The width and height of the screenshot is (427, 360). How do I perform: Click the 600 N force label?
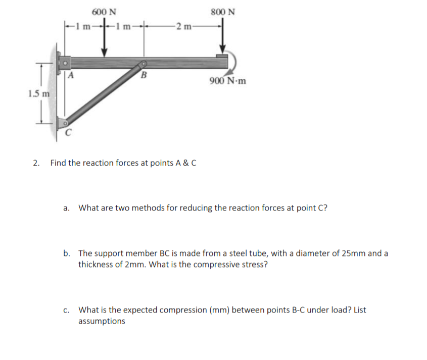tap(105, 11)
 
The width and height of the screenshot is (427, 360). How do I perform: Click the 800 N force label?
tap(223, 11)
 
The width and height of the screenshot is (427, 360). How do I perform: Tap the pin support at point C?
tap(63, 123)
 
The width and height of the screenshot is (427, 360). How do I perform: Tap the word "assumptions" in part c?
tap(102, 321)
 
